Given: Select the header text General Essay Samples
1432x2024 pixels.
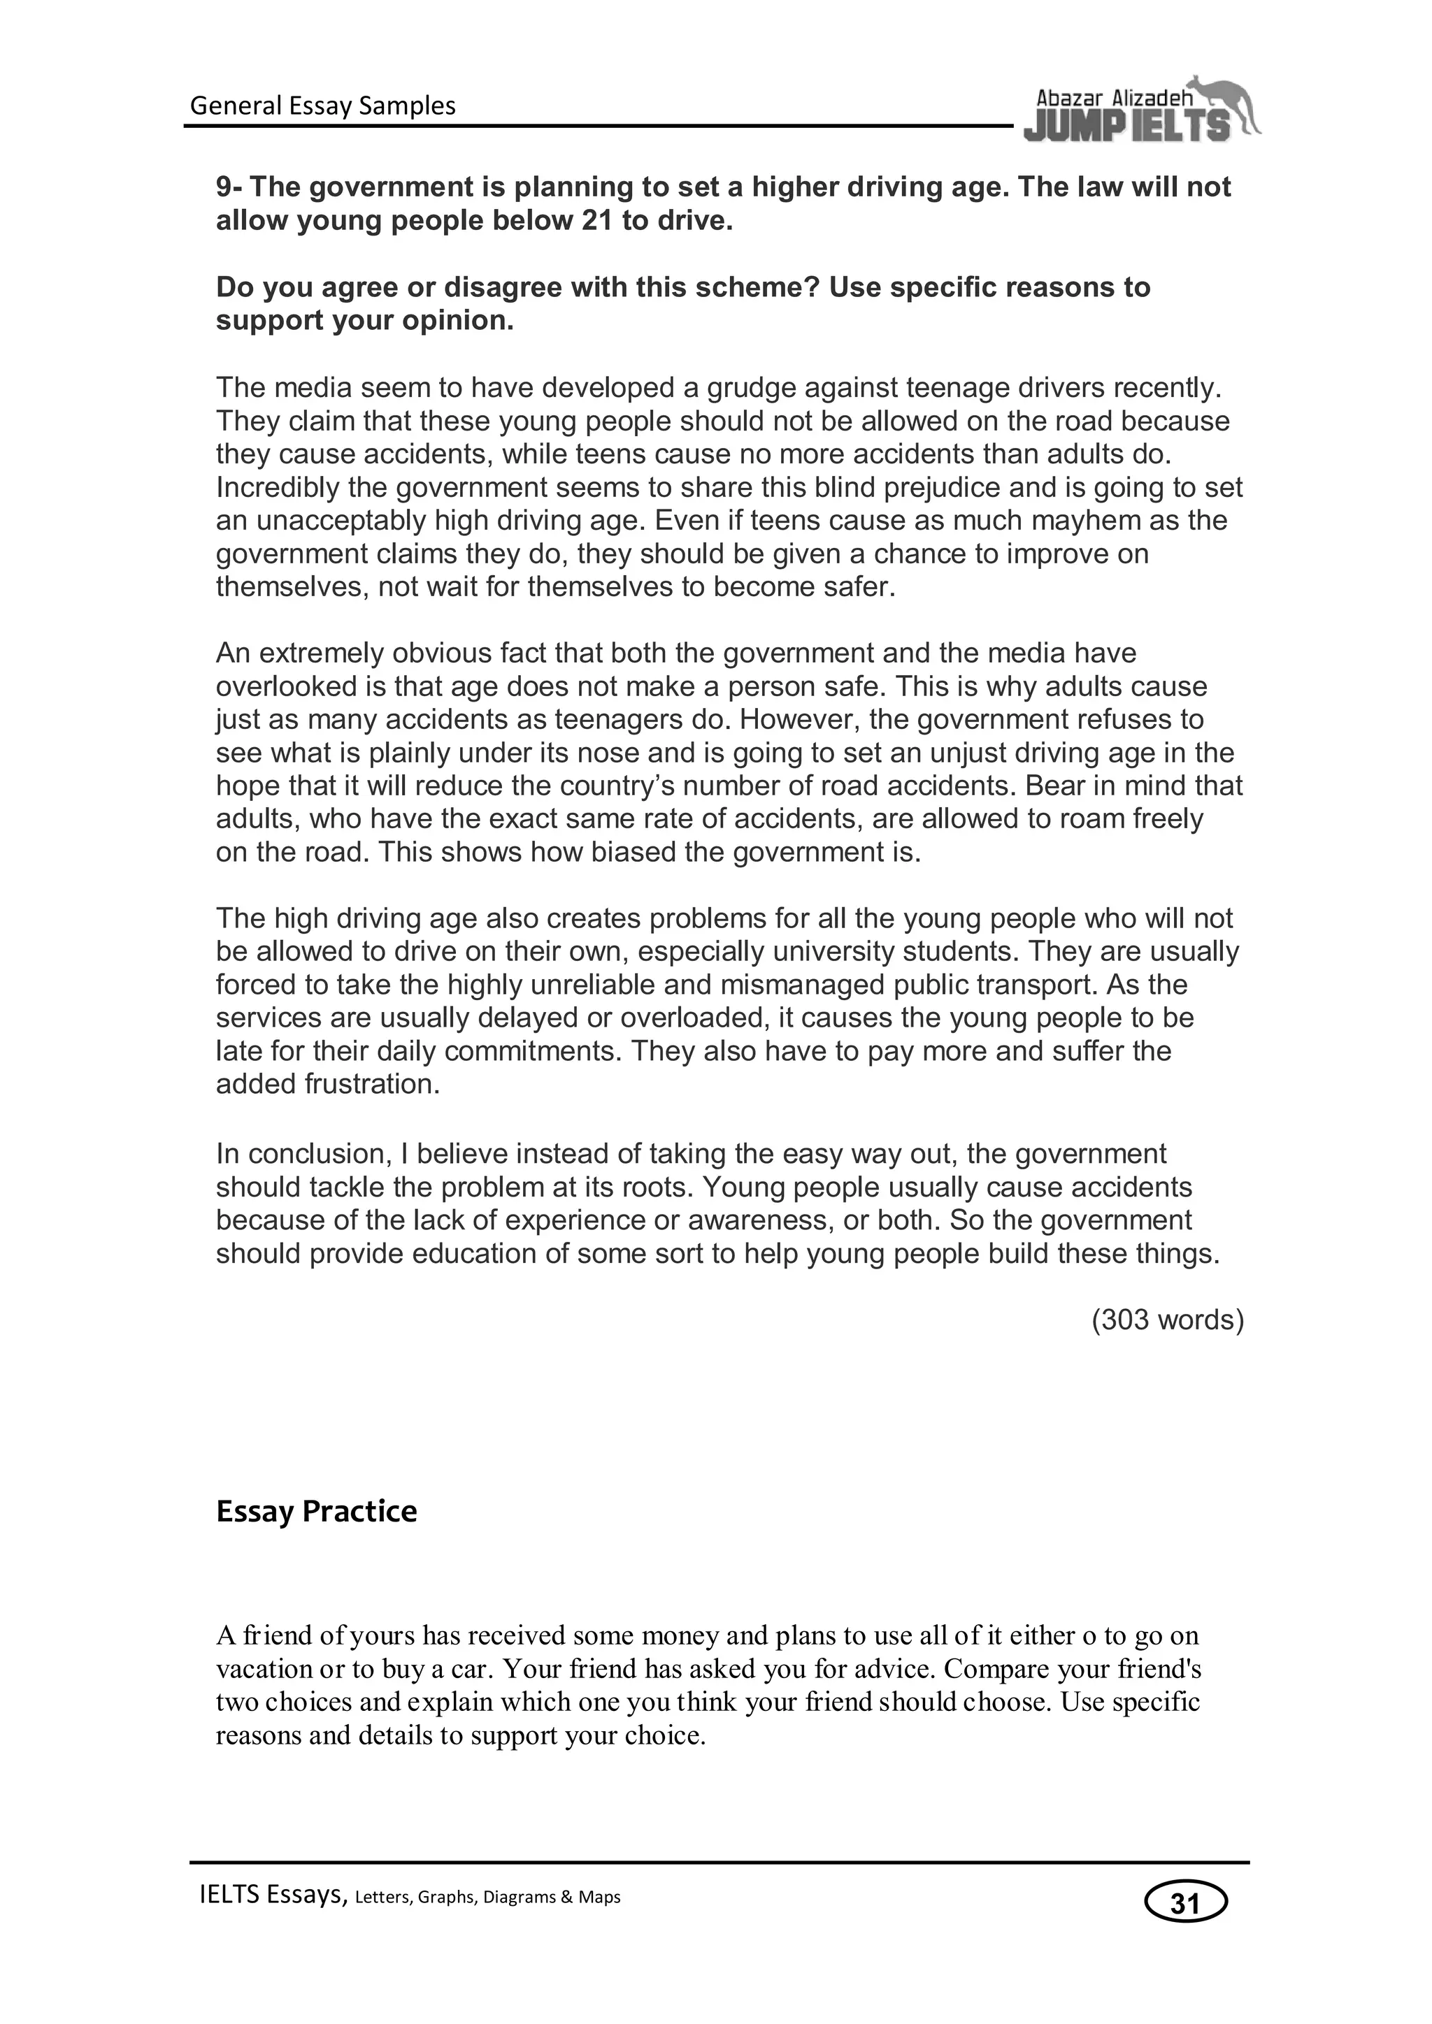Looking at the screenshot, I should click(323, 106).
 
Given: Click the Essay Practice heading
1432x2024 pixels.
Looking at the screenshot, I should click(317, 1511).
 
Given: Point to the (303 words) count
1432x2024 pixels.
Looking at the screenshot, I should click(1168, 1320).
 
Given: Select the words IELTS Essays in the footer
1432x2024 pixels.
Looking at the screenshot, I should click(273, 1896).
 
